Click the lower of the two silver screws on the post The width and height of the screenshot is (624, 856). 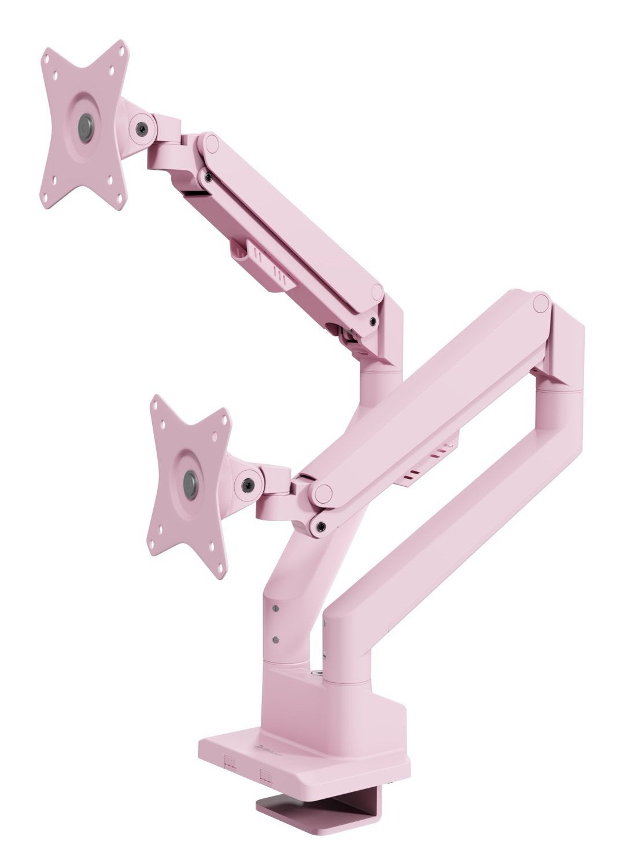[x=275, y=638]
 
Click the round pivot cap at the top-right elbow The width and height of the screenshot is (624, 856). [x=541, y=302]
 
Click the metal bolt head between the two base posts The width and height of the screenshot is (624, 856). [x=317, y=673]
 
